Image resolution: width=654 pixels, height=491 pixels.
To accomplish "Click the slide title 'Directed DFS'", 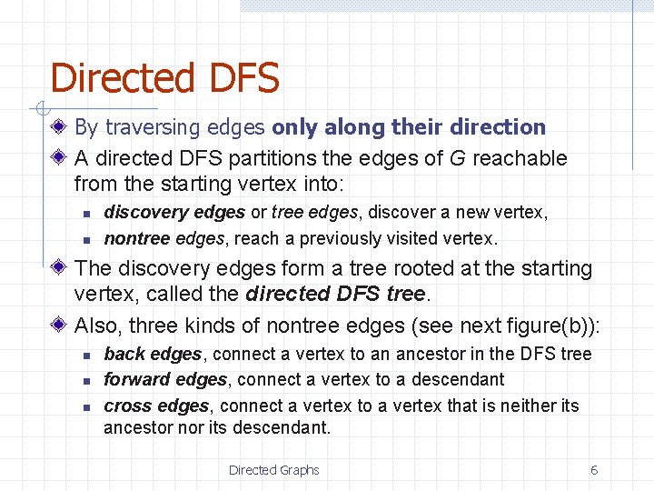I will (x=164, y=79).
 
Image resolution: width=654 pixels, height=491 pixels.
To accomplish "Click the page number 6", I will (x=594, y=470).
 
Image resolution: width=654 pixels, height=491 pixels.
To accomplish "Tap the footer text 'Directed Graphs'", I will (x=273, y=470).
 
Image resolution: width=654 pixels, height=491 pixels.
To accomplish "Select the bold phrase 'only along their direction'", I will (x=409, y=127).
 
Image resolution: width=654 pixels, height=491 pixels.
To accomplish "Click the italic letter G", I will (x=458, y=158).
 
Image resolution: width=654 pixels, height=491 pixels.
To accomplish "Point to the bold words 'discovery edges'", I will (x=174, y=213).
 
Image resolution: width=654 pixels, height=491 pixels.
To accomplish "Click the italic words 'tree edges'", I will (x=316, y=213).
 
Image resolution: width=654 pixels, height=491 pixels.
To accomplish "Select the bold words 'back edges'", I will (x=153, y=354).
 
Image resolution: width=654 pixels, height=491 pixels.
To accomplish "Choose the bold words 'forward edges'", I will (x=164, y=379).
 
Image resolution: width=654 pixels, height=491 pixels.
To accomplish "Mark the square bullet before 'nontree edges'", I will (x=82, y=240).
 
